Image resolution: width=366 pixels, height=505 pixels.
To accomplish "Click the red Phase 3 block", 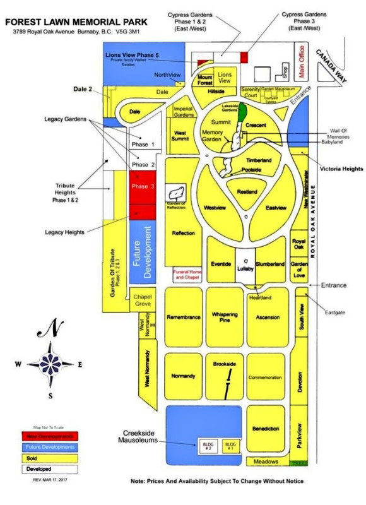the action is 143,187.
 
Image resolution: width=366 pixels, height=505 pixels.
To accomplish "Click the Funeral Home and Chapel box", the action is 187,275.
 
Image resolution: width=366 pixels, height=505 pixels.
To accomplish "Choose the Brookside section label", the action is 224,364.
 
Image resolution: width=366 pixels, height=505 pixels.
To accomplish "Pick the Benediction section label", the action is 266,429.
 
